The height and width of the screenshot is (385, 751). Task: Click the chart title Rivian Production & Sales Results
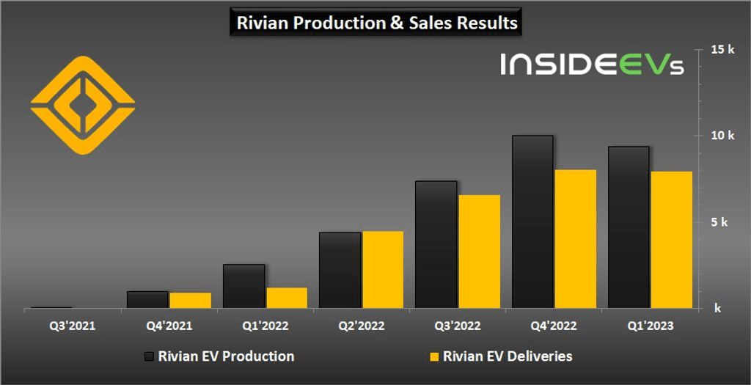(x=377, y=23)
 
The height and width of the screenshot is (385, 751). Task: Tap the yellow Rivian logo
(x=83, y=105)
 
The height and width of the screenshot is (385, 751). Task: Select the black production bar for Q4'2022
(x=532, y=221)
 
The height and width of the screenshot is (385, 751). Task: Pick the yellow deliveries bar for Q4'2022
(x=575, y=238)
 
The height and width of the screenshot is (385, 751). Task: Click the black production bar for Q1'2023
(x=628, y=227)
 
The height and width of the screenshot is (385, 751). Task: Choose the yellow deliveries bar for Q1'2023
(x=671, y=239)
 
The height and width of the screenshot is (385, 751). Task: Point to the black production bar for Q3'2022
(x=436, y=244)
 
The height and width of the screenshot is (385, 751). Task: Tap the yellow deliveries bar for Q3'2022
(x=479, y=251)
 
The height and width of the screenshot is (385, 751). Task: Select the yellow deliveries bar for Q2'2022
(x=383, y=269)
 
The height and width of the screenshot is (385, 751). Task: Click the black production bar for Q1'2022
(x=243, y=286)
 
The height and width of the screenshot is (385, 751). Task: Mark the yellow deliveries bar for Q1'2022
(x=287, y=297)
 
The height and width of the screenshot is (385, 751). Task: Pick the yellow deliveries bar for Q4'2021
(x=190, y=300)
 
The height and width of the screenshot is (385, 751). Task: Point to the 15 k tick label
(x=723, y=49)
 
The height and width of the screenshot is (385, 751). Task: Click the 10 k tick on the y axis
(x=723, y=135)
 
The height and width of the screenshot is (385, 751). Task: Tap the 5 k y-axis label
(x=719, y=221)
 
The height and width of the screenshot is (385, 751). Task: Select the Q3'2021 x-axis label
(x=71, y=325)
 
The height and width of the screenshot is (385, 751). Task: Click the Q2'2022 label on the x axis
(x=360, y=325)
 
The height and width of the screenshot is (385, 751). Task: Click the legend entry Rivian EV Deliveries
(x=499, y=356)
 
